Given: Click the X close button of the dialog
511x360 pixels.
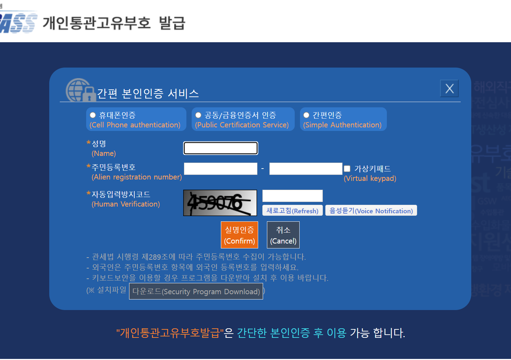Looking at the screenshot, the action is click(449, 89).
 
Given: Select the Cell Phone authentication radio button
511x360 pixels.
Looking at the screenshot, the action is click(93, 115).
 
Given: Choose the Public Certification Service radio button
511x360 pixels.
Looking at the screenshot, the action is click(198, 115).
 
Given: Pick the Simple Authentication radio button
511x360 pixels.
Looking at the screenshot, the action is click(306, 115).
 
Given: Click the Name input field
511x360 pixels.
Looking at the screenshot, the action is click(221, 148).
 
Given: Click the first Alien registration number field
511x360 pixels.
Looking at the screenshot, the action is click(221, 169).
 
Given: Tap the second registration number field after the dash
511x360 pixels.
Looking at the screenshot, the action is click(306, 169).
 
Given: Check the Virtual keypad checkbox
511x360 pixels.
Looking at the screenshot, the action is click(347, 169).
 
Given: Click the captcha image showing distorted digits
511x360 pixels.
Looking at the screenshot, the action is click(220, 203).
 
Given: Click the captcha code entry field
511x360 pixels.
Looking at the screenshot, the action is click(292, 196).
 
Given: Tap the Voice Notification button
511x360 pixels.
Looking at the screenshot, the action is click(371, 210).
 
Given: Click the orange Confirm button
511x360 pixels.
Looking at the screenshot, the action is click(239, 235).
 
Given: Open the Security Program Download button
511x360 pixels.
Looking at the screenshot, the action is click(196, 291).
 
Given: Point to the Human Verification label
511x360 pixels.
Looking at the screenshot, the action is click(126, 204).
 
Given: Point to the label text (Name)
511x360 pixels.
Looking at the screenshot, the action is click(104, 153).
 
